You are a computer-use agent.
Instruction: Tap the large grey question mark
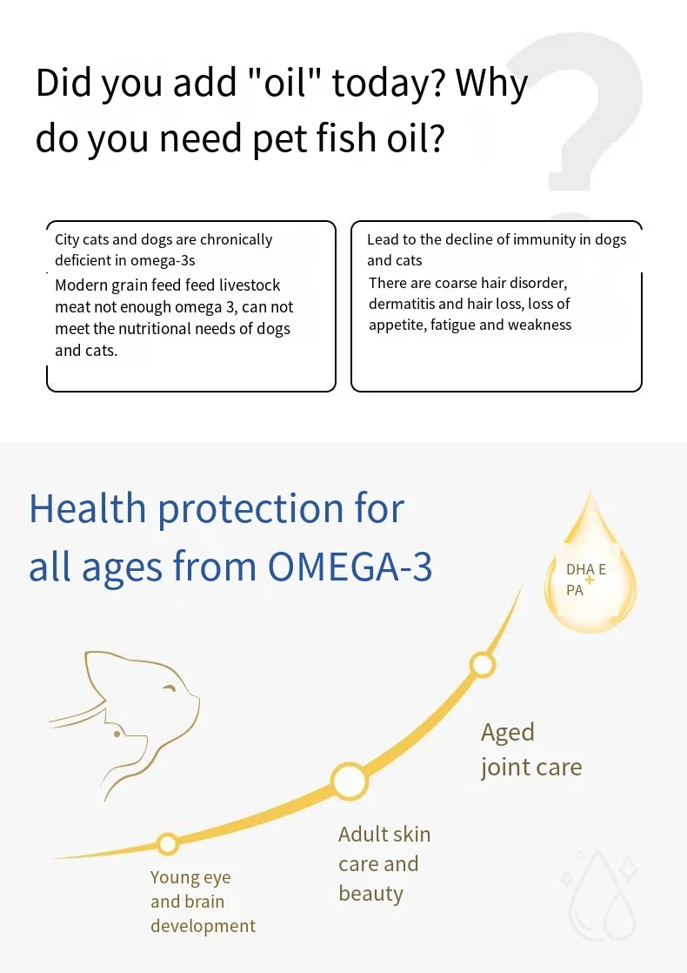coord(580,113)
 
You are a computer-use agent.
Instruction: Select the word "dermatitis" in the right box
coord(404,304)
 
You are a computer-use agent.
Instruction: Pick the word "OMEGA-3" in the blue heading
coord(350,567)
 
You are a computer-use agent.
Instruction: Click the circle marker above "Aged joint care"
coord(483,665)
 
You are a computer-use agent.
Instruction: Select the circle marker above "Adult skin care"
coord(349,781)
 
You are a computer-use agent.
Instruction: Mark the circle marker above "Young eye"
coord(168,843)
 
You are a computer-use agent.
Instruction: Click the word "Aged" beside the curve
coord(508,733)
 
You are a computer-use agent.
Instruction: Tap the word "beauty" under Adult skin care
coord(370,894)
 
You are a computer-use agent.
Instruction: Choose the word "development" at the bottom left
coord(203,926)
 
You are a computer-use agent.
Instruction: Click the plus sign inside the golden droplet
coord(590,579)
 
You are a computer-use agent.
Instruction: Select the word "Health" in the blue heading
coord(86,508)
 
